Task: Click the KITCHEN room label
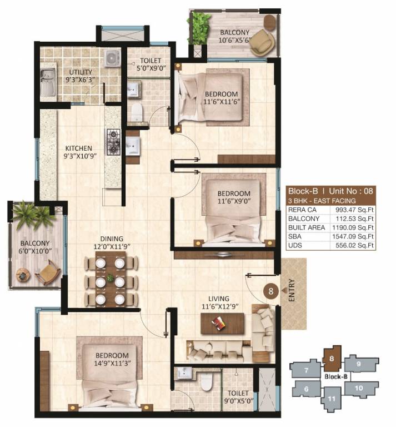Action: tap(78, 149)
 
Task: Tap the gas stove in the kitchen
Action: tap(114, 141)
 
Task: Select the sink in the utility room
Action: tap(48, 76)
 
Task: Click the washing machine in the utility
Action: tap(113, 58)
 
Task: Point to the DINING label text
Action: tap(111, 239)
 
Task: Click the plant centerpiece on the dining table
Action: tap(110, 278)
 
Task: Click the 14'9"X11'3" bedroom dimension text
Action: tap(111, 365)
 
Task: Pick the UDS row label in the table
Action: tap(295, 245)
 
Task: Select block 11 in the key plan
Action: tap(331, 398)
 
